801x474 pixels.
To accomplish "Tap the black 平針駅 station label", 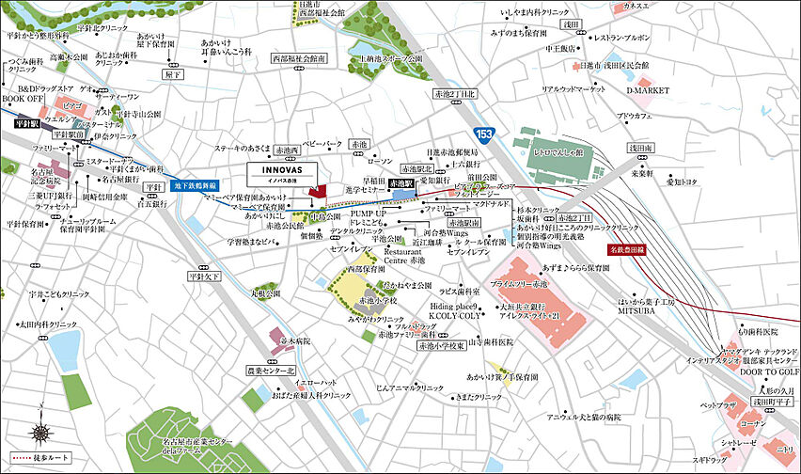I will tap(27, 122).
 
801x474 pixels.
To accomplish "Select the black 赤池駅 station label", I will tap(401, 184).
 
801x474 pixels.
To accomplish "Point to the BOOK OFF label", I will tap(23, 98).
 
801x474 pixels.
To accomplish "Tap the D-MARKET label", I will tap(647, 91).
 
